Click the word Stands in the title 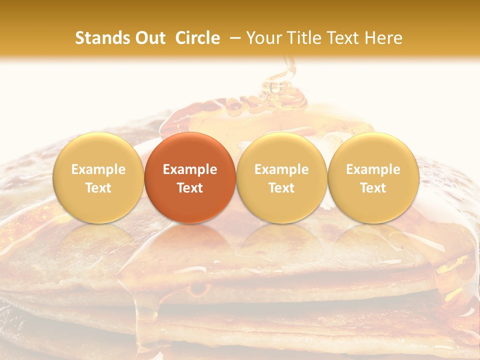point(101,38)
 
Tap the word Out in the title point(149,38)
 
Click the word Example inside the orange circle point(190,169)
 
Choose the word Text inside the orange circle point(190,188)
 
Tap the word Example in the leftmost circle point(98,169)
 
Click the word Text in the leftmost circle point(98,188)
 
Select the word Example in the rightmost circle point(373,169)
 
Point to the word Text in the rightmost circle point(373,188)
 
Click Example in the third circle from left point(281,169)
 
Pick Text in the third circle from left point(281,188)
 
